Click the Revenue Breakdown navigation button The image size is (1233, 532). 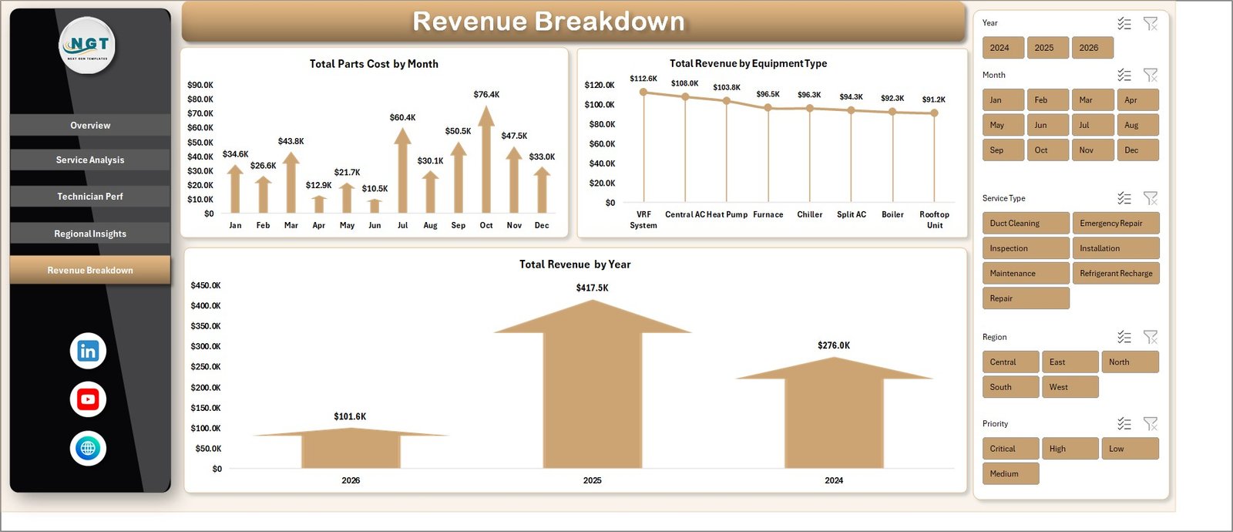click(90, 270)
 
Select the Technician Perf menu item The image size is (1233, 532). click(90, 197)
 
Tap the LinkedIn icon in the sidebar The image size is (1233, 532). click(88, 351)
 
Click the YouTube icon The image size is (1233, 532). click(88, 399)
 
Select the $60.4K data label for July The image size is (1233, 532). click(402, 118)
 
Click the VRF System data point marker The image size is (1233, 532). click(643, 92)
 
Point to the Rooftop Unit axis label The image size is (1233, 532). click(934, 220)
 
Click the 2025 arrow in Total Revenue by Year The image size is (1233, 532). click(592, 386)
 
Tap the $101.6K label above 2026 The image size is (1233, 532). click(350, 416)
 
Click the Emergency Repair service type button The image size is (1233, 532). click(1115, 224)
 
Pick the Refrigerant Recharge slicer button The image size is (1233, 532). click(1115, 274)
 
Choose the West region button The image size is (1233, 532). click(1070, 387)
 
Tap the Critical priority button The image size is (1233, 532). click(1010, 449)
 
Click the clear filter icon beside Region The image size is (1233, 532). click(1150, 337)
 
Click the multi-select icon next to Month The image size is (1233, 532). click(1124, 75)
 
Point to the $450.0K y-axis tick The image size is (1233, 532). click(206, 285)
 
